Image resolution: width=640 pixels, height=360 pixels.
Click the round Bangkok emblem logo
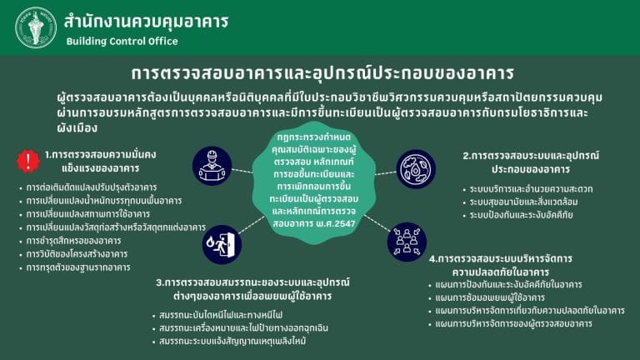pos(36,27)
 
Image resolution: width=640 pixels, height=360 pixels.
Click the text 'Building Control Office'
pos(122,41)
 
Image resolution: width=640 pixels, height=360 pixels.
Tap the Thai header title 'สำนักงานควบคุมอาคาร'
pos(146,22)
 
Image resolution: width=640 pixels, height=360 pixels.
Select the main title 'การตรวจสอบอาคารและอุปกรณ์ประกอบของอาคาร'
pos(322,73)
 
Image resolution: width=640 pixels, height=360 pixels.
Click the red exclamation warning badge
pos(28,161)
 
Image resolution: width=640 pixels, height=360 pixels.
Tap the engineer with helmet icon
pos(212,166)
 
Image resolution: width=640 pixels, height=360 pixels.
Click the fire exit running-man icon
pos(222,244)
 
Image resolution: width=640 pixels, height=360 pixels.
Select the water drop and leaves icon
pos(416,169)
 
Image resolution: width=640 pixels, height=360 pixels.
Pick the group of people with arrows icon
pos(407,242)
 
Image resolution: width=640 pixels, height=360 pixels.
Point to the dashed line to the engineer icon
pos(242,171)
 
